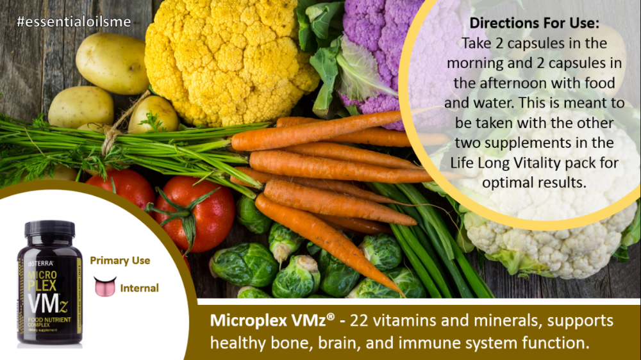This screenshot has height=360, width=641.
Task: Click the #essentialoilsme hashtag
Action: pyautogui.click(x=74, y=22)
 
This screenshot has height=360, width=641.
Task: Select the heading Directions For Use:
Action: pyautogui.click(x=534, y=23)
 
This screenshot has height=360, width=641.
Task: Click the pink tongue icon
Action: pyautogui.click(x=104, y=286)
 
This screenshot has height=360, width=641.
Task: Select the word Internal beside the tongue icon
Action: pyautogui.click(x=139, y=288)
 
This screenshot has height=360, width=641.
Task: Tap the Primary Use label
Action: pyautogui.click(x=120, y=261)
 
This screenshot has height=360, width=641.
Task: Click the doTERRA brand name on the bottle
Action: pyautogui.click(x=40, y=263)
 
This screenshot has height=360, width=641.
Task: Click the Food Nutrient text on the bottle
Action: pyautogui.click(x=49, y=320)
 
